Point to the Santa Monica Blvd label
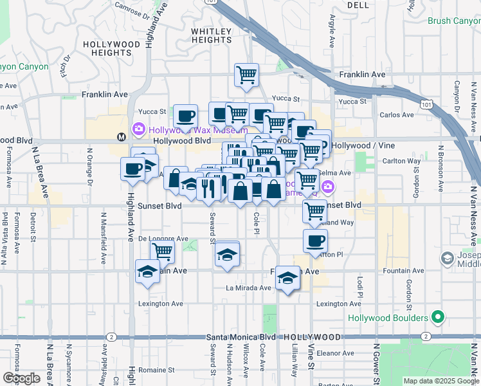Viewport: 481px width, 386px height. (240, 337)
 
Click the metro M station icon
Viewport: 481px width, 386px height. (120, 136)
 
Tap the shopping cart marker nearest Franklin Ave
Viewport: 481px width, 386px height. (246, 75)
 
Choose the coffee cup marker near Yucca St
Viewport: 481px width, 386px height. (185, 116)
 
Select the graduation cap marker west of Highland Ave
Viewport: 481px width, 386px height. (147, 271)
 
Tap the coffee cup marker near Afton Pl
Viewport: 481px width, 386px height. (314, 241)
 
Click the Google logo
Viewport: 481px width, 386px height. (22, 378)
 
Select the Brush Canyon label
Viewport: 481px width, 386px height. (454, 21)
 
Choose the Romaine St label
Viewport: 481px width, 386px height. (158, 370)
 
